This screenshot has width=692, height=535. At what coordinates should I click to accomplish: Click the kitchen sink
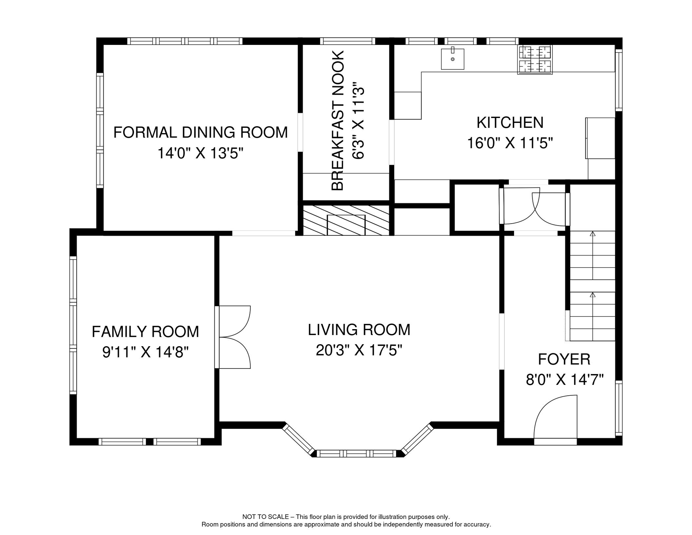click(x=453, y=59)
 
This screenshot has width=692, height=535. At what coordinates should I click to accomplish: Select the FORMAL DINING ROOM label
click(x=200, y=132)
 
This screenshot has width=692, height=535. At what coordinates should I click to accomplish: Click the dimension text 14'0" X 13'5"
click(x=200, y=153)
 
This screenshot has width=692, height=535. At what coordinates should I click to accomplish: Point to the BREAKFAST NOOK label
click(x=338, y=121)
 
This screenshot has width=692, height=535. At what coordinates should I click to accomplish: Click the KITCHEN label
click(x=510, y=123)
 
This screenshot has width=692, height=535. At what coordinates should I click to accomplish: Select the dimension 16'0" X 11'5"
click(x=510, y=143)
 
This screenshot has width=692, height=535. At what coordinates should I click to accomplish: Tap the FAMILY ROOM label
click(x=146, y=332)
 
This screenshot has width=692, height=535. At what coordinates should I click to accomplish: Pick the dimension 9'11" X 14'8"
click(x=146, y=352)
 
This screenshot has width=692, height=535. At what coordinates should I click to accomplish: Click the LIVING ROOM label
click(x=359, y=330)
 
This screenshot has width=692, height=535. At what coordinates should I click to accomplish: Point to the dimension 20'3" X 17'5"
click(x=359, y=350)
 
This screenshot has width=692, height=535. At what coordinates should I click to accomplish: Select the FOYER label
click(x=564, y=359)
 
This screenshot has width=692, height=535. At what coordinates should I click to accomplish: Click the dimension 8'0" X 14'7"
click(x=565, y=379)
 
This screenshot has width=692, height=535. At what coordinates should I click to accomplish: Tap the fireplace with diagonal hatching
click(x=346, y=220)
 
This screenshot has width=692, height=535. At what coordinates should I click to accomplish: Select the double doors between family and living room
click(x=233, y=337)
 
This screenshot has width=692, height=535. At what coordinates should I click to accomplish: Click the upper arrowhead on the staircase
click(x=592, y=234)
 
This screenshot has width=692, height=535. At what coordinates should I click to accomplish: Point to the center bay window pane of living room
click(x=356, y=453)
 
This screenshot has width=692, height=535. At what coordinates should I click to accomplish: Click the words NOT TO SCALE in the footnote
click(x=266, y=517)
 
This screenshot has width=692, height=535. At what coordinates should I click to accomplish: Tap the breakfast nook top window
click(x=347, y=41)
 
